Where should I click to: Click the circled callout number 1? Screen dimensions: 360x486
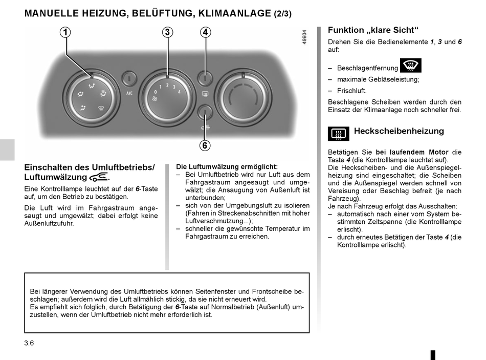[x=65, y=33]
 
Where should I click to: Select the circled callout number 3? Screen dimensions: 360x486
[x=167, y=33]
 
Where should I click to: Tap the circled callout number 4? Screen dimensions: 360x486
[x=205, y=33]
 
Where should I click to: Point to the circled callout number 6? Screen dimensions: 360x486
[x=205, y=145]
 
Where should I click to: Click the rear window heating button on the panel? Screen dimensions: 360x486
[x=205, y=79]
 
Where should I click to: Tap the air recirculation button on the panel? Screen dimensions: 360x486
[x=205, y=112]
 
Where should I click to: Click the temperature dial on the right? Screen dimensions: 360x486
[x=242, y=96]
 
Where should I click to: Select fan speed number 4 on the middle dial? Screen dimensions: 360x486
[x=179, y=92]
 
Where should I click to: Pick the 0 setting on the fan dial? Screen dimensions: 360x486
[x=155, y=92]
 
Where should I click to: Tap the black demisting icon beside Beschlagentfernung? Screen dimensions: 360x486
[x=411, y=66]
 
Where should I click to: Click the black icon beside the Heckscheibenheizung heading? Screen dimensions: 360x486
[x=339, y=134]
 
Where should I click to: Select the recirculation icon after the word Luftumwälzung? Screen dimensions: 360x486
[x=98, y=177]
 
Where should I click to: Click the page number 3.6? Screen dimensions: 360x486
[x=29, y=343]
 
